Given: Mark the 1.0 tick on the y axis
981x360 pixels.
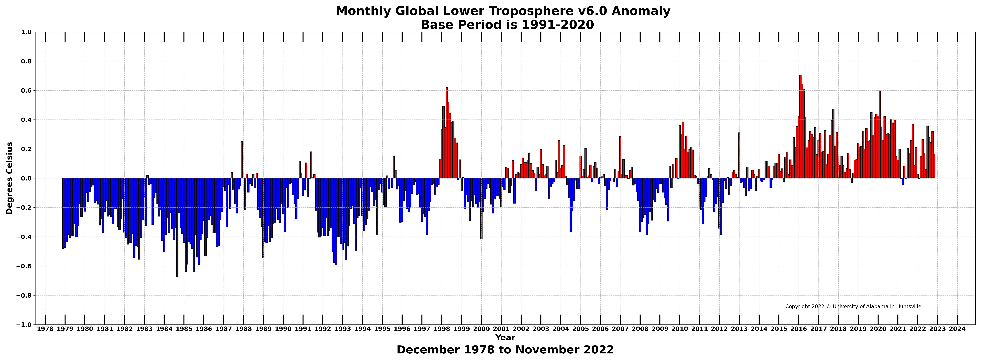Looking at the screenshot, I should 26,32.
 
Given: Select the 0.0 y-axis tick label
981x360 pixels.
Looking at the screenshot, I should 26,178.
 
